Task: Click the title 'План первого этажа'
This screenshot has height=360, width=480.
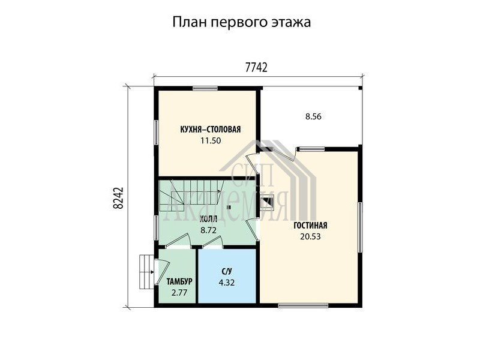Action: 242,23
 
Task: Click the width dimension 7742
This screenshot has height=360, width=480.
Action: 257,67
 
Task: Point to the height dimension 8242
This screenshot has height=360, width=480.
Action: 118,198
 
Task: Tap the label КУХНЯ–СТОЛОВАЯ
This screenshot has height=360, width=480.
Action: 211,129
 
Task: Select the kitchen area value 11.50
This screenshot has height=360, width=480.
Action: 211,140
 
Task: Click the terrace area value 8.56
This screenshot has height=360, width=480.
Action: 313,116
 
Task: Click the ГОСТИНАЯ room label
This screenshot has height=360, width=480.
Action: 310,226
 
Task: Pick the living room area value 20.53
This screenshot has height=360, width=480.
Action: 310,236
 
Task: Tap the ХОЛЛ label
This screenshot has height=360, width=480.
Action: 208,219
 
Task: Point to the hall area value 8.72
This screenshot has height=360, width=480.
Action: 208,230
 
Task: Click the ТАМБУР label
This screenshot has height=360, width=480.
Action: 179,281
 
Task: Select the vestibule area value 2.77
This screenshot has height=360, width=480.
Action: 179,293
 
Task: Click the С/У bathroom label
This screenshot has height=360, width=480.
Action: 227,271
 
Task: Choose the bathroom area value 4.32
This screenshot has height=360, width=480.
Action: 227,283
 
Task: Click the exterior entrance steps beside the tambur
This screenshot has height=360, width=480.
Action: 146,272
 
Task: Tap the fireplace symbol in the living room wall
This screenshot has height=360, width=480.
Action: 266,202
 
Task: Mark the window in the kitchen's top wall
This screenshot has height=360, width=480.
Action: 205,88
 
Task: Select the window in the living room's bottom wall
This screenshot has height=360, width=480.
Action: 303,305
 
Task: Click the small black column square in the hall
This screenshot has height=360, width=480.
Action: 229,207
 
